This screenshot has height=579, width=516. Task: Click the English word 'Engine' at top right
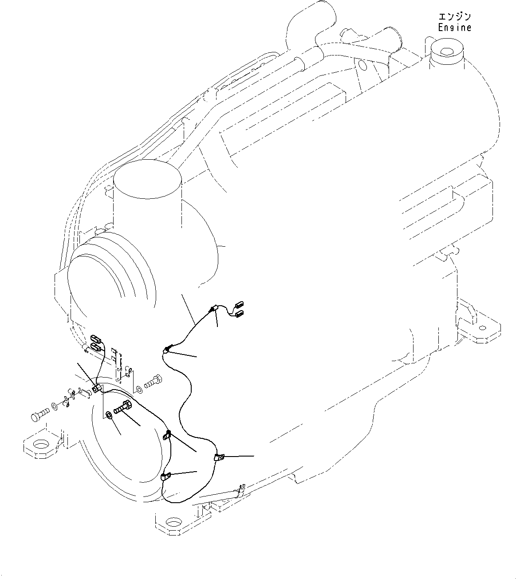click(454, 28)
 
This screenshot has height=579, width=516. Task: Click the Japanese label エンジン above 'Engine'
click(454, 17)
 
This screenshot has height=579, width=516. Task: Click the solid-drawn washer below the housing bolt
click(109, 415)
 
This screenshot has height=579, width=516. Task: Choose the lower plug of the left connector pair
click(96, 347)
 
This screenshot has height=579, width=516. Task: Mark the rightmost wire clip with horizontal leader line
click(219, 457)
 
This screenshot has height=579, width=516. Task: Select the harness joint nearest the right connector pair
click(215, 308)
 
